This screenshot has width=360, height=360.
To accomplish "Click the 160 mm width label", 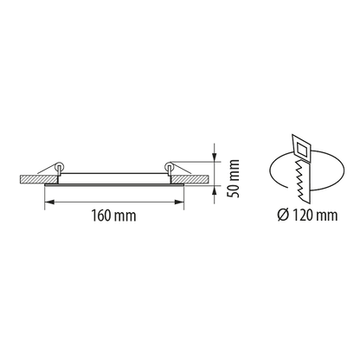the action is [113, 215].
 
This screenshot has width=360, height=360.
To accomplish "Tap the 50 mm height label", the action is [233, 178].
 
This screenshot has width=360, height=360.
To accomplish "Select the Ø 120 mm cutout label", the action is [307, 215].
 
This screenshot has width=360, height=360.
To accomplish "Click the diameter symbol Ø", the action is [283, 215].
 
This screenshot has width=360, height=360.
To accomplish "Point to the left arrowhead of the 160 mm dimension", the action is [49, 202].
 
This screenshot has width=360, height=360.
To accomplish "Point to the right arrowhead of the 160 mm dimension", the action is [179, 202].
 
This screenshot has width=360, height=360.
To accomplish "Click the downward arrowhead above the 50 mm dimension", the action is [214, 156].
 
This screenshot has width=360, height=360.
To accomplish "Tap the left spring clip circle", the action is [59, 165].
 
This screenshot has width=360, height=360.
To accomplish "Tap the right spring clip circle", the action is [169, 165].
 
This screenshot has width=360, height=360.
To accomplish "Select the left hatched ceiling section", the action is [39, 179].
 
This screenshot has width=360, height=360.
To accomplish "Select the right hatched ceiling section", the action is [190, 179].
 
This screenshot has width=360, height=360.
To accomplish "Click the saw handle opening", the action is [302, 150].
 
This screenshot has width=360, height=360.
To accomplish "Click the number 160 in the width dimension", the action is [100, 215].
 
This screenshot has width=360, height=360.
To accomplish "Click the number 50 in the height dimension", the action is [233, 190].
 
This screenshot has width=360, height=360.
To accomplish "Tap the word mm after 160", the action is [125, 216].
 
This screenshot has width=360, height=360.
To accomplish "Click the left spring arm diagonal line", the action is [47, 169].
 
